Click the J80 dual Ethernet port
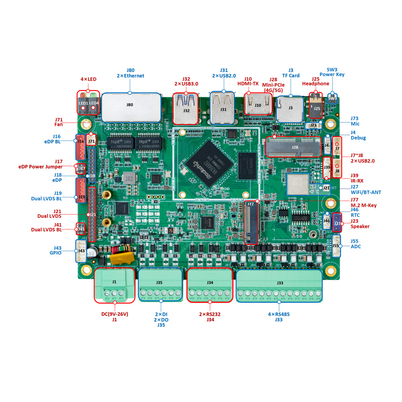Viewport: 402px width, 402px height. pos(131,107)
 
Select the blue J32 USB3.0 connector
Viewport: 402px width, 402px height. pos(186,109)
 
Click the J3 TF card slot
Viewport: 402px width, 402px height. pos(290,109)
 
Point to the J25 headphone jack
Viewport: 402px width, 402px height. pos(317,106)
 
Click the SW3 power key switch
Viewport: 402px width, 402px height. pos(332,98)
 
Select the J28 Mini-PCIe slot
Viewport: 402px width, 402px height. pos(294,147)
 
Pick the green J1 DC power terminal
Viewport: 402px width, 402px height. pos(114,285)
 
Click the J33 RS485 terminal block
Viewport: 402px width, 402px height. pos(280,286)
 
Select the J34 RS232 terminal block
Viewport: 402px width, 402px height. pos(210,285)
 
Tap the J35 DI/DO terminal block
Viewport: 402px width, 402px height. pos(160,285)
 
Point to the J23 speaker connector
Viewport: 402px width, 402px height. pos(337,222)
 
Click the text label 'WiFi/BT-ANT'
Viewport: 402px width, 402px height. pos(365,193)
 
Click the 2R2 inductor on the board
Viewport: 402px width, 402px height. pos(129,178)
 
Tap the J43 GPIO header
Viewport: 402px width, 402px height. pos(81,251)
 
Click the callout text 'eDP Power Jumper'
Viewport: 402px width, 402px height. pos(41,166)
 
